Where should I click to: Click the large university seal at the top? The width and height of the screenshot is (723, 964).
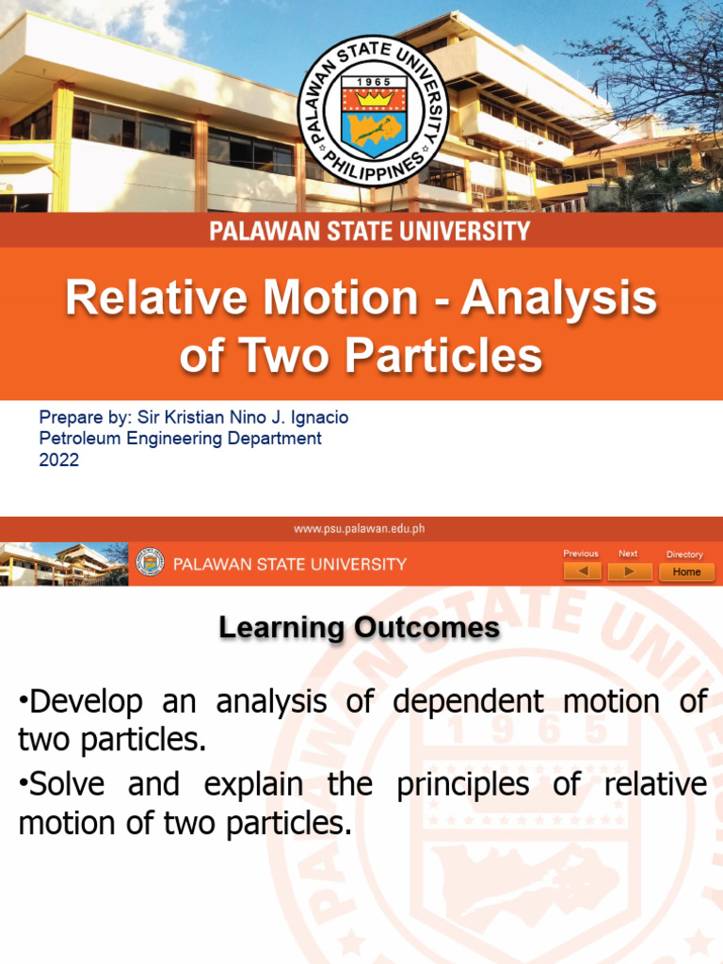click(374, 110)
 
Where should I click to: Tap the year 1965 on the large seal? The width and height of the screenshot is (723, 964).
click(374, 83)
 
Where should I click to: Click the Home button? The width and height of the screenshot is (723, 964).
click(686, 571)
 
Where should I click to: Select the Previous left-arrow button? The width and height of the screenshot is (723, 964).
click(581, 571)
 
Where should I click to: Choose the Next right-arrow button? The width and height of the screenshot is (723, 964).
click(628, 571)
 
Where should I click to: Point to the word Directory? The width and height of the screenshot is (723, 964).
click(684, 554)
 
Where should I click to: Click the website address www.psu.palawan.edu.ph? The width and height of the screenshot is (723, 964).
click(361, 528)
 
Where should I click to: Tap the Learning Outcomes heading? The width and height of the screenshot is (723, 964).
click(360, 628)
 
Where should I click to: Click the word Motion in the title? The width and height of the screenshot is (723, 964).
click(341, 299)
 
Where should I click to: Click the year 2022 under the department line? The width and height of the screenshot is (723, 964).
click(58, 460)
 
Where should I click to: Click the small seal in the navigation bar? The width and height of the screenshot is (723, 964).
click(150, 563)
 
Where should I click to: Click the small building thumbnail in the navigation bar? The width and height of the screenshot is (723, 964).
click(64, 563)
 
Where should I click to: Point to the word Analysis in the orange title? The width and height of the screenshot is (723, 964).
click(559, 299)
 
